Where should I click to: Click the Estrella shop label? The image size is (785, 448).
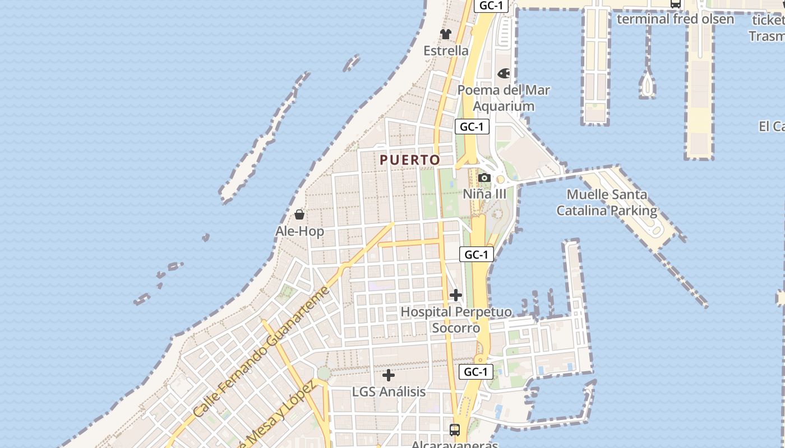point(446,50)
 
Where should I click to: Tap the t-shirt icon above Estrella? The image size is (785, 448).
point(446,34)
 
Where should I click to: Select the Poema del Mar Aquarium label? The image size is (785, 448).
point(504,98)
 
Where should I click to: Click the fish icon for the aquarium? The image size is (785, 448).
point(504,73)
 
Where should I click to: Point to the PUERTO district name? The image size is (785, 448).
point(410,160)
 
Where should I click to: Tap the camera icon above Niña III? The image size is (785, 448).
point(484,178)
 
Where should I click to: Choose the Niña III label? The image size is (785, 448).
point(484,194)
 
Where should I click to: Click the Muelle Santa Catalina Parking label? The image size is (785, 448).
point(607,203)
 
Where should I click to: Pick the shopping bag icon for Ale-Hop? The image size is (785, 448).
point(299,214)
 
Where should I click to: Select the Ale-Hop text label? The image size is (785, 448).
point(299,231)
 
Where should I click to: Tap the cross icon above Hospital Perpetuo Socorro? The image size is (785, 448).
point(456,295)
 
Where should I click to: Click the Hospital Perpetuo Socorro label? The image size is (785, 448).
point(456,320)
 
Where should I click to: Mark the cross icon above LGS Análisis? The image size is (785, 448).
point(389,375)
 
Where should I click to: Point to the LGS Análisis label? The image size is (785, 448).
point(389,391)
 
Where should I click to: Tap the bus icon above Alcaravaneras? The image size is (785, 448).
point(455,430)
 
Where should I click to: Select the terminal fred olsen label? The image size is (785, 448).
point(675,19)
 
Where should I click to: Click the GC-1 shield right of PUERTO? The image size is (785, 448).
point(472,127)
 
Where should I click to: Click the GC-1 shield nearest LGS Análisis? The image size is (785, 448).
point(476,371)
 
